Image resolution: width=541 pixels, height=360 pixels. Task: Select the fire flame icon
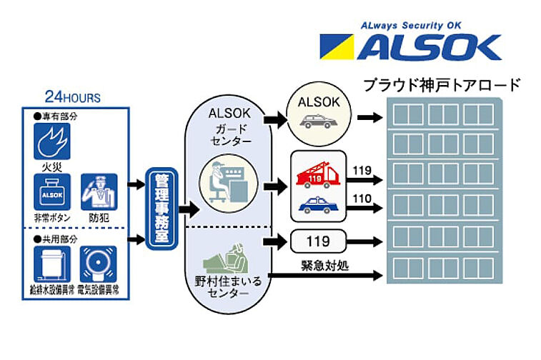[x=52, y=141]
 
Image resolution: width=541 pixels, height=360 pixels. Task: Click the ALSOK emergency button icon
[x=52, y=192]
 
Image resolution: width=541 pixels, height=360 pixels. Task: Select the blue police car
[x=317, y=204]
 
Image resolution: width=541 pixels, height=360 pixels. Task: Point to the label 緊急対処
[x=324, y=265]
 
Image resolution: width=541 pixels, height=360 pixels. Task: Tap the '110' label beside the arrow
[x=362, y=200]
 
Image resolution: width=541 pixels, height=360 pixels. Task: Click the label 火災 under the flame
[x=52, y=169]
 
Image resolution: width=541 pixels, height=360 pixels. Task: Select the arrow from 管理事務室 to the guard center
[x=187, y=209]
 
